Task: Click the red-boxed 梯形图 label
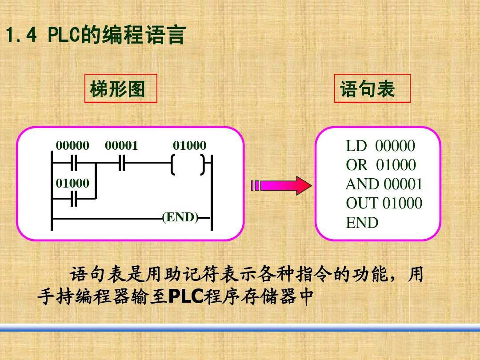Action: click(117, 89)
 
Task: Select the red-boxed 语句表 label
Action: click(368, 89)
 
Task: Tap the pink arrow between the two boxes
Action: click(281, 185)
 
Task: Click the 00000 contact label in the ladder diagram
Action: click(72, 145)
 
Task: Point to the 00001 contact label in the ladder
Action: click(121, 145)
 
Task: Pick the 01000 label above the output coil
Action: click(190, 145)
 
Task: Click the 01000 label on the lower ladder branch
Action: click(72, 183)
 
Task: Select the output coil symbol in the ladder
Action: click(188, 165)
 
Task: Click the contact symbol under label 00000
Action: click(74, 163)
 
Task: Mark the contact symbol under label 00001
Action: click(121, 163)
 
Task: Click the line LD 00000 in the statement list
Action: click(380, 146)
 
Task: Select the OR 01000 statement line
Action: click(381, 165)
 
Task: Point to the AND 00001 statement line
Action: click(384, 184)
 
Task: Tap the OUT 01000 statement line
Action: click(384, 203)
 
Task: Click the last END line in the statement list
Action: click(362, 223)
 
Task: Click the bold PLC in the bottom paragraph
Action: click(186, 296)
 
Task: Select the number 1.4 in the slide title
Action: click(21, 35)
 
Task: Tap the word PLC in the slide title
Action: click(64, 35)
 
